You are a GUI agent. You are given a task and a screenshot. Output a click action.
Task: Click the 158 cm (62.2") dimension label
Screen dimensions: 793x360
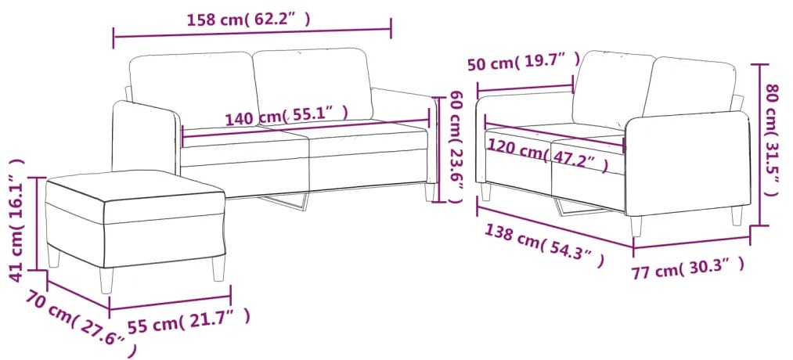[249, 20]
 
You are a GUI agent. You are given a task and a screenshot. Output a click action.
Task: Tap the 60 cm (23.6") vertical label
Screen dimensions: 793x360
[456, 147]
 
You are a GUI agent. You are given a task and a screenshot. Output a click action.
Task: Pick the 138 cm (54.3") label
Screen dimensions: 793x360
[544, 245]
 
